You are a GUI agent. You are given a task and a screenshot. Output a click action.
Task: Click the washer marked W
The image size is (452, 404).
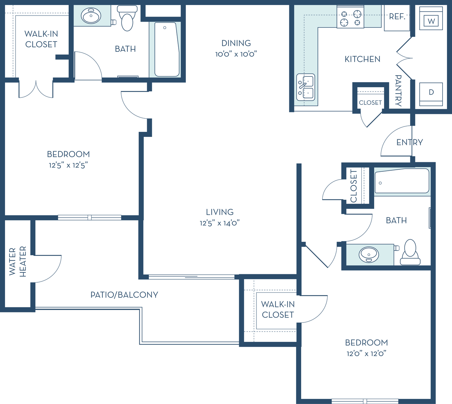(431, 18)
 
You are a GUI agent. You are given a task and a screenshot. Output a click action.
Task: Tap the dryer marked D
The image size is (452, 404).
(431, 94)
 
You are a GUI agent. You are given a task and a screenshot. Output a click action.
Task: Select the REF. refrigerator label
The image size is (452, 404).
(397, 17)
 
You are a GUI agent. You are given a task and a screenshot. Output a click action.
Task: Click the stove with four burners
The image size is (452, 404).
(350, 17)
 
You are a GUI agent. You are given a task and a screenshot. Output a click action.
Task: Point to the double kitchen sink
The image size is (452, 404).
(306, 87)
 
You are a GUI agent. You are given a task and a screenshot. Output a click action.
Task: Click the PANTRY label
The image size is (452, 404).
(398, 91)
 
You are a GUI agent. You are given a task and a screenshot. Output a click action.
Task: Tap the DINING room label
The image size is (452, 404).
(236, 43)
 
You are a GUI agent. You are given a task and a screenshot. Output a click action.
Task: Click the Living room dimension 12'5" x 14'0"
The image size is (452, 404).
(220, 223)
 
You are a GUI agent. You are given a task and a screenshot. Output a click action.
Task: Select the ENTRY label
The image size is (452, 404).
(410, 142)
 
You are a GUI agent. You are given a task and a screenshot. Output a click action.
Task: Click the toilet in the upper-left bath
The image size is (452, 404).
(127, 18)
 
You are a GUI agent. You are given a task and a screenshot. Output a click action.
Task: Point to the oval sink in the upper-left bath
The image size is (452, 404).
(91, 16)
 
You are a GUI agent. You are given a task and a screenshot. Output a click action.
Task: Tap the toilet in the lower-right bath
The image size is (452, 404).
(410, 252)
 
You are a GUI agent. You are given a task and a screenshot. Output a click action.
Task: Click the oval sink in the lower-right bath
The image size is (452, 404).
(369, 255)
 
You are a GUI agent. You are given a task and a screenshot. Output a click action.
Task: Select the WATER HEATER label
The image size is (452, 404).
(18, 262)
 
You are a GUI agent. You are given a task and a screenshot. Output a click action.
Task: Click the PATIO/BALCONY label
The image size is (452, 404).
(124, 295)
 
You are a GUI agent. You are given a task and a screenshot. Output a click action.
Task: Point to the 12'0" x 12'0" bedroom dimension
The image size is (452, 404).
(366, 354)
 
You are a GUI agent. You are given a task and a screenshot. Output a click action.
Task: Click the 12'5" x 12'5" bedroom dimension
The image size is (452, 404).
(68, 165)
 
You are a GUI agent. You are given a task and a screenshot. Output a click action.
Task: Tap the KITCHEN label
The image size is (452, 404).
(362, 59)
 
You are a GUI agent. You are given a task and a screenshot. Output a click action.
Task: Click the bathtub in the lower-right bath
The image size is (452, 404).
(402, 181)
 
